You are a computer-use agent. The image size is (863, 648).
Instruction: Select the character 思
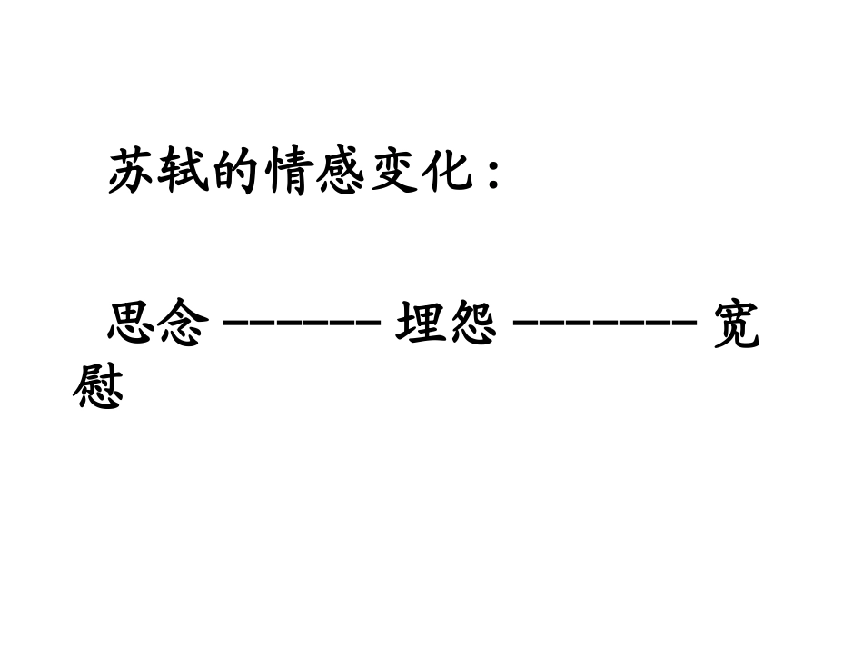[x=133, y=324]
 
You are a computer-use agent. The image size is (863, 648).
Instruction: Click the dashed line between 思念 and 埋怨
[x=301, y=323]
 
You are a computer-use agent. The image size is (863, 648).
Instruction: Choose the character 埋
[x=420, y=324]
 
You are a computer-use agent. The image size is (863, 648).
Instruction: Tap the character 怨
[x=472, y=324]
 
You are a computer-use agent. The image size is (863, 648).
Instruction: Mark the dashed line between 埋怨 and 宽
[x=604, y=323]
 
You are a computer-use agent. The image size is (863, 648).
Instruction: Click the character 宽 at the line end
[x=734, y=324]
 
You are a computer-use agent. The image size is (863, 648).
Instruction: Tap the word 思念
[x=159, y=324]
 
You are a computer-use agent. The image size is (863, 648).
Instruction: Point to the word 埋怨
[x=446, y=324]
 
